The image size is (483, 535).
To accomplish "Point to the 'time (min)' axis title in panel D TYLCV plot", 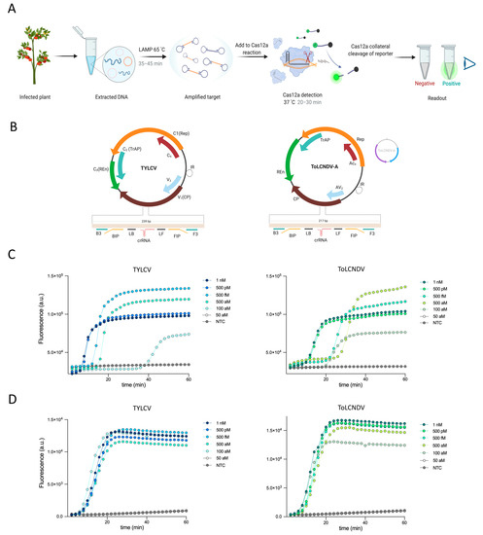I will [137, 526].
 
